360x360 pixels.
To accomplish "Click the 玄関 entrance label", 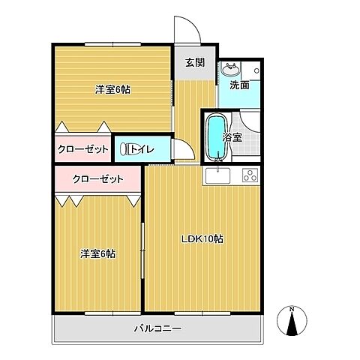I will pyautogui.click(x=195, y=63).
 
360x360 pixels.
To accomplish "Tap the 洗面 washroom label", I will pyautogui.click(x=240, y=85).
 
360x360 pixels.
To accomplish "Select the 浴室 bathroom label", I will pyautogui.click(x=232, y=137).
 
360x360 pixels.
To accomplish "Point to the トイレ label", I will pyautogui.click(x=142, y=149).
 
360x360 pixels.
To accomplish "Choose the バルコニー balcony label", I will pyautogui.click(x=158, y=328).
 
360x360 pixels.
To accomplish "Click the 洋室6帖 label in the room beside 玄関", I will pyautogui.click(x=112, y=89).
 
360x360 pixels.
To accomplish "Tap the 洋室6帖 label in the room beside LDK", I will pyautogui.click(x=98, y=253).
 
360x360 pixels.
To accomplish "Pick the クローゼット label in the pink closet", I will pyautogui.click(x=97, y=179).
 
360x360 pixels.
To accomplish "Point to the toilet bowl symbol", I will pyautogui.click(x=125, y=149).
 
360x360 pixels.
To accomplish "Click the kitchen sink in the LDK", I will pyautogui.click(x=217, y=177).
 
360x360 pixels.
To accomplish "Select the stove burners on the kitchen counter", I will pyautogui.click(x=247, y=177).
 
